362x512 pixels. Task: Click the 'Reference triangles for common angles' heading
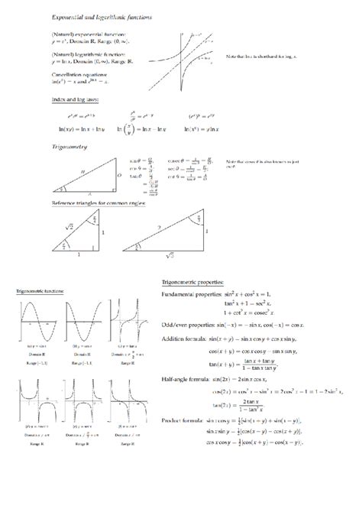99,203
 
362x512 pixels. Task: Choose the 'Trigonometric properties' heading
196,281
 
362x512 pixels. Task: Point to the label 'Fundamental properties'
191,294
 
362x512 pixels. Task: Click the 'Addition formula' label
186,339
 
